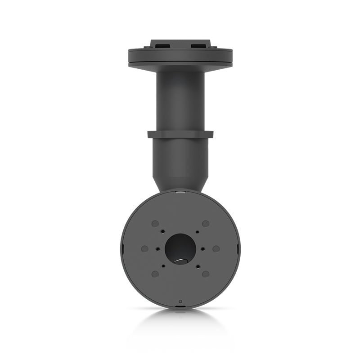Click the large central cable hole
180,249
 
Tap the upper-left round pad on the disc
155,224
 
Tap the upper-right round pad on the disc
206,224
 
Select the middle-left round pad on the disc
144,248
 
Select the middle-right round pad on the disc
216,248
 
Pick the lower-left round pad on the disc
155,274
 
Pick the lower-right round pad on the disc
206,274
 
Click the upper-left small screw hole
163,232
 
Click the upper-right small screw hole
197,232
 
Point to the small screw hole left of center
157,248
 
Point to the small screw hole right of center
203,248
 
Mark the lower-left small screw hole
163,265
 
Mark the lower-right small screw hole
197,265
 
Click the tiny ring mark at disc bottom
180,301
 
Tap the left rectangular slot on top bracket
161,45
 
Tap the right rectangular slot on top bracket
199,45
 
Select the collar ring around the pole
180,134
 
